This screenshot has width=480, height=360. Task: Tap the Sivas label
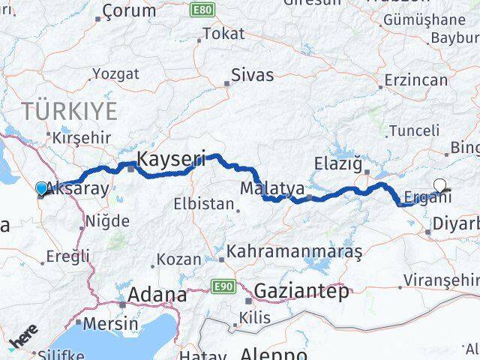pyautogui.click(x=252, y=75)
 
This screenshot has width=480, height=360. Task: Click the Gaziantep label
pyautogui.click(x=301, y=291)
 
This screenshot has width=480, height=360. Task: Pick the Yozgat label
pyautogui.click(x=115, y=73)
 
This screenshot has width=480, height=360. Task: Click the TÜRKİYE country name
pyautogui.click(x=70, y=112)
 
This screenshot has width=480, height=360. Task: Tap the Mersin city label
pyautogui.click(x=110, y=324)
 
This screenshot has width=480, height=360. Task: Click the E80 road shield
pyautogui.click(x=200, y=10)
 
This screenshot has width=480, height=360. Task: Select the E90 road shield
pyautogui.click(x=223, y=286)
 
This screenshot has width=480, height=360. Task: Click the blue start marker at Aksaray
pyautogui.click(x=41, y=188)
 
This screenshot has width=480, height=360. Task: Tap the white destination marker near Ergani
pyautogui.click(x=440, y=183)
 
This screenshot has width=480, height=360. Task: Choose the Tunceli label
pyautogui.click(x=414, y=130)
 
